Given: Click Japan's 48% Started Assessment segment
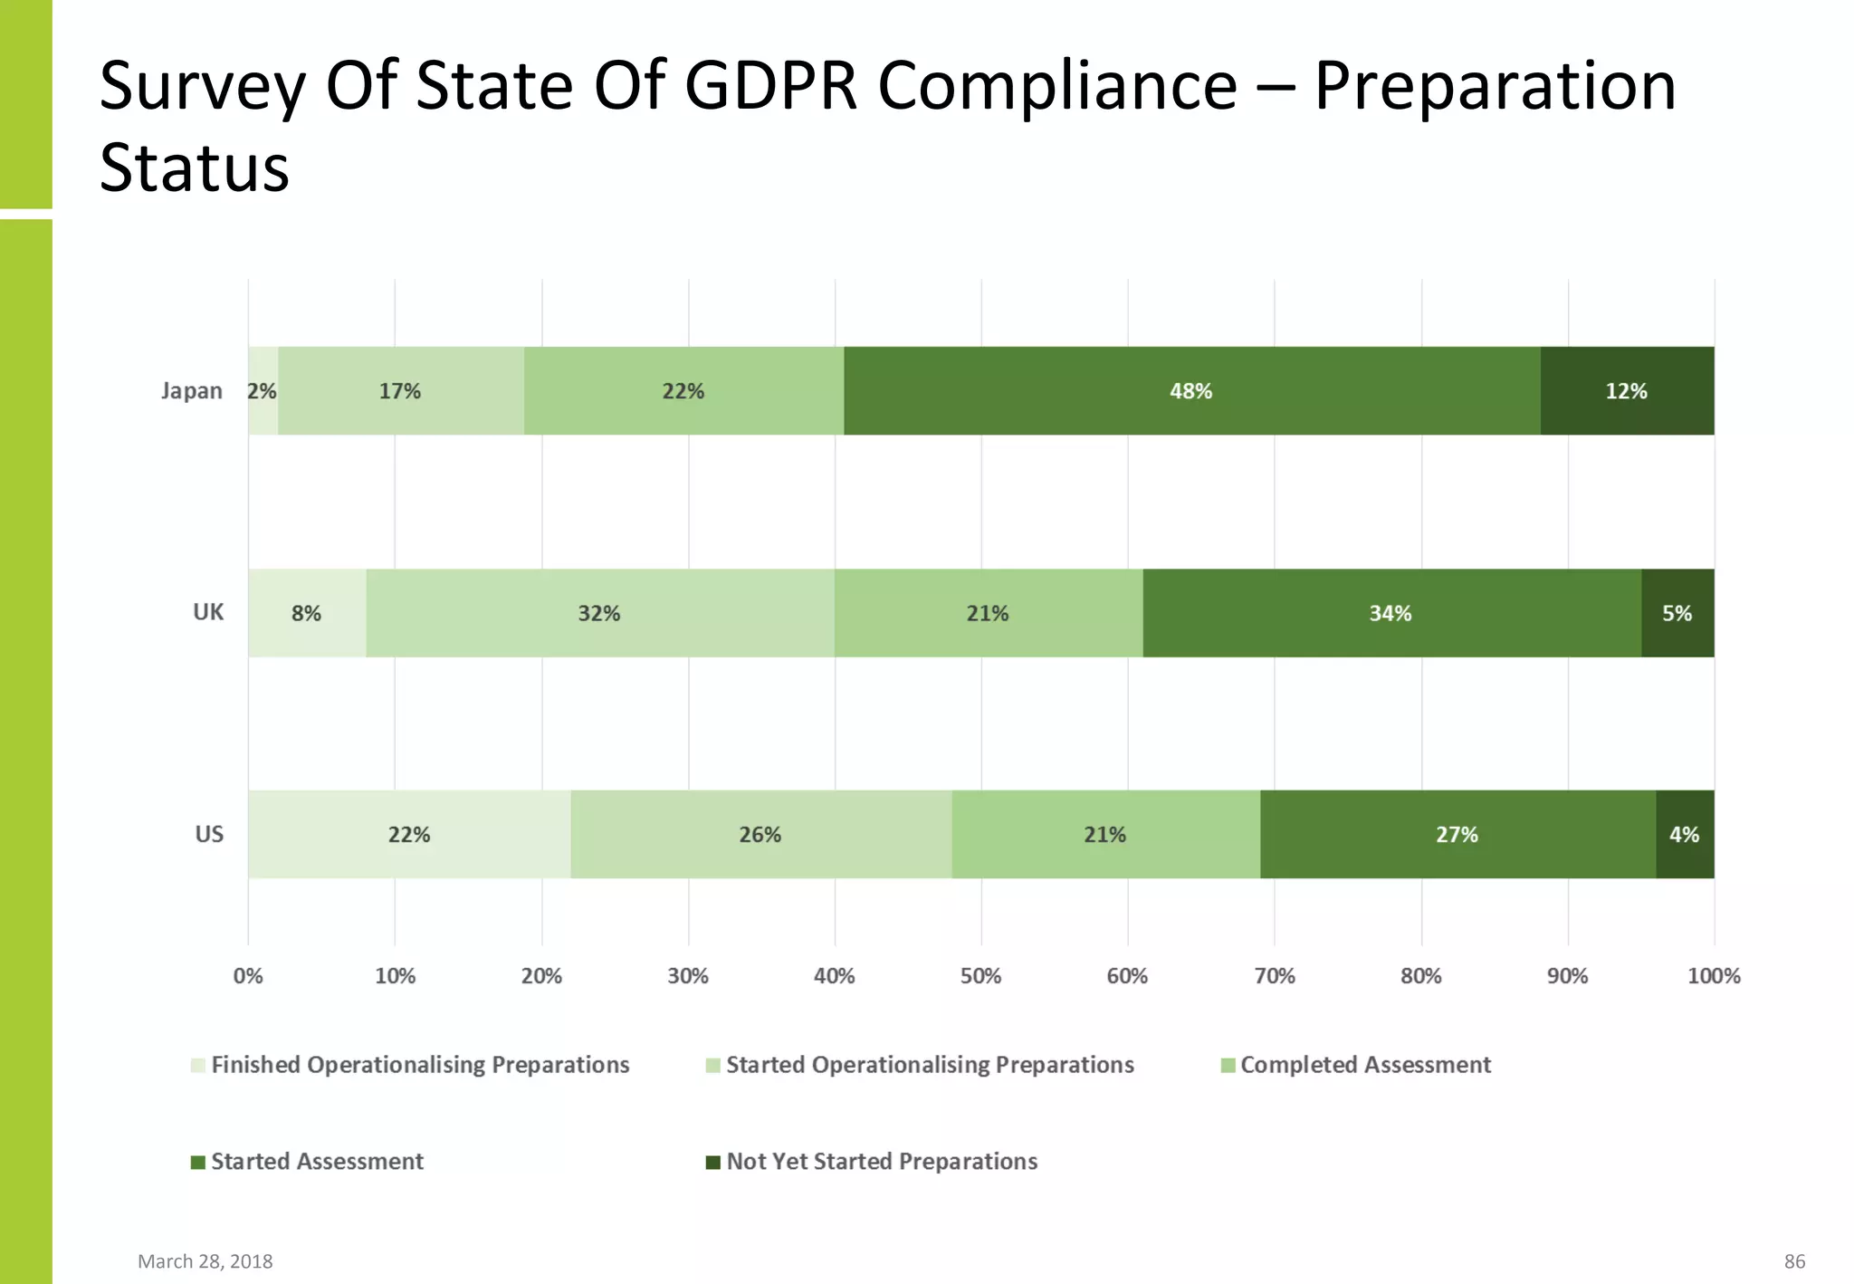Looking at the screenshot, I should [x=1191, y=391].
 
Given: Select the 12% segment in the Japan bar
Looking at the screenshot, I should [x=1627, y=391].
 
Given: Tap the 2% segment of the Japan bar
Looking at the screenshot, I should [x=263, y=391].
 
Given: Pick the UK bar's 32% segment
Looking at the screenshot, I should [x=599, y=613].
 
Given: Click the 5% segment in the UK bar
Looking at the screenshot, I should [x=1677, y=613].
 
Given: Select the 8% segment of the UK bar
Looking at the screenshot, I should [x=306, y=613].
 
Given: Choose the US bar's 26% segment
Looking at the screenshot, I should [x=760, y=834].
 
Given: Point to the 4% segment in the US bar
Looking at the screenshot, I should [x=1684, y=834].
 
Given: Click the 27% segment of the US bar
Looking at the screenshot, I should [x=1457, y=834].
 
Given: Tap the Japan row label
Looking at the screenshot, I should [x=192, y=391].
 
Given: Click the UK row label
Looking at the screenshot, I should [x=208, y=612].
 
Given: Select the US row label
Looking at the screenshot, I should [x=209, y=834].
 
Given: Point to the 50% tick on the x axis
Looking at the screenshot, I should [x=980, y=976].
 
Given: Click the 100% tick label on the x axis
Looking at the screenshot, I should [x=1714, y=976].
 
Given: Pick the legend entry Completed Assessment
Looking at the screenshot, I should [x=1364, y=1065].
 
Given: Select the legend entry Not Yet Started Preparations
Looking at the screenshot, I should [x=881, y=1162].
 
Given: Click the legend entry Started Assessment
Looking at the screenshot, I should [x=316, y=1162].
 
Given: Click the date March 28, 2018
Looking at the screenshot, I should [x=205, y=1261].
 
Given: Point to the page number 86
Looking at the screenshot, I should [x=1794, y=1261].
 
